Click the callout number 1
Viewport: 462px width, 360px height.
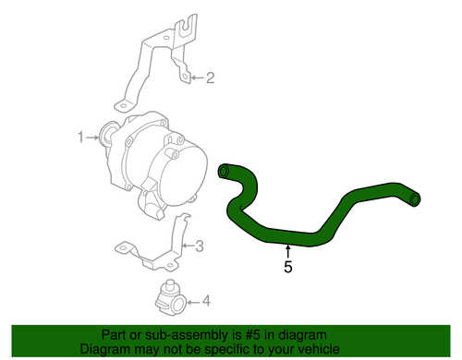pyautogui.click(x=80, y=138)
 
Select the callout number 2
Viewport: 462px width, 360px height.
pyautogui.click(x=210, y=78)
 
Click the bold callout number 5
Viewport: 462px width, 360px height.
pyautogui.click(x=287, y=268)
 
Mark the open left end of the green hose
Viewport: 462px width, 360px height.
pyautogui.click(x=224, y=171)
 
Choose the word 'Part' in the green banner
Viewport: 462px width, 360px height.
pyautogui.click(x=114, y=336)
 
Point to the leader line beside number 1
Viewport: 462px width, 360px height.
pyautogui.click(x=94, y=138)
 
